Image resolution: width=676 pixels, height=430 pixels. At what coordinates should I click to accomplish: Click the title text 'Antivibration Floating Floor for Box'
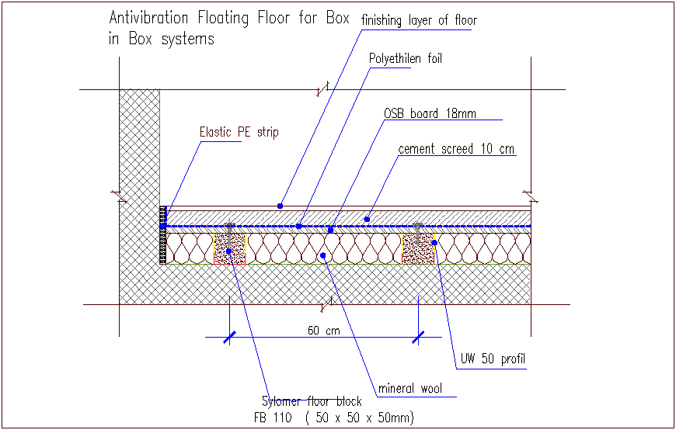click(229, 18)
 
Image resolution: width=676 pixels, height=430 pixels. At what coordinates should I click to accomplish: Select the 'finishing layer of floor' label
click(419, 21)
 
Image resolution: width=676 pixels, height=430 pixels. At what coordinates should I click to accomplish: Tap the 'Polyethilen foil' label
click(406, 59)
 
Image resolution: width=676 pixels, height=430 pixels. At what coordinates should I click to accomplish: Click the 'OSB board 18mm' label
click(430, 114)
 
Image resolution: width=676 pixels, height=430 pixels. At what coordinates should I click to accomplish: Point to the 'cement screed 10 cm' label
click(456, 149)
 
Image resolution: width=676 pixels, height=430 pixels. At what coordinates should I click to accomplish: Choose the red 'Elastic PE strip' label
click(239, 133)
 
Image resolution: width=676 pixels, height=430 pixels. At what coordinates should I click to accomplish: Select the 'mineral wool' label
click(409, 388)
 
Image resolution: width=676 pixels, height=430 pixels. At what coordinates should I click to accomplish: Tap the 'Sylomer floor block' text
click(312, 401)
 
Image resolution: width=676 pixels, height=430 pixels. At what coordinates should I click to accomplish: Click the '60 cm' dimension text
click(323, 331)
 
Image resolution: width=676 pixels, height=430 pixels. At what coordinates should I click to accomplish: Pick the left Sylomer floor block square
click(229, 249)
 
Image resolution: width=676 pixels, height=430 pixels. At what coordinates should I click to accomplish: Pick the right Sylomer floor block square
click(418, 249)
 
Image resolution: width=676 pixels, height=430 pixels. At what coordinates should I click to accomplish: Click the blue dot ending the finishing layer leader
click(280, 206)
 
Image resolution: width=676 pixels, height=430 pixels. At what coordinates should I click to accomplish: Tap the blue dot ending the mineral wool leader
click(323, 254)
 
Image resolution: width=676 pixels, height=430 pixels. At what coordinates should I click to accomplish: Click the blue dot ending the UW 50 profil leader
click(435, 242)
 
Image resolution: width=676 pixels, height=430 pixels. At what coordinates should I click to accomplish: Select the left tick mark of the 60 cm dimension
click(229, 337)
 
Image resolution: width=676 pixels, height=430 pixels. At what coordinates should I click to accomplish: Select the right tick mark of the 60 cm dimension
click(419, 337)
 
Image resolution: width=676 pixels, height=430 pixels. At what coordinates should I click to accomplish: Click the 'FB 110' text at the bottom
click(277, 418)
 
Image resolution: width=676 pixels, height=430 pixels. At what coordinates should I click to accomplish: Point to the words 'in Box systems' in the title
click(161, 40)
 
